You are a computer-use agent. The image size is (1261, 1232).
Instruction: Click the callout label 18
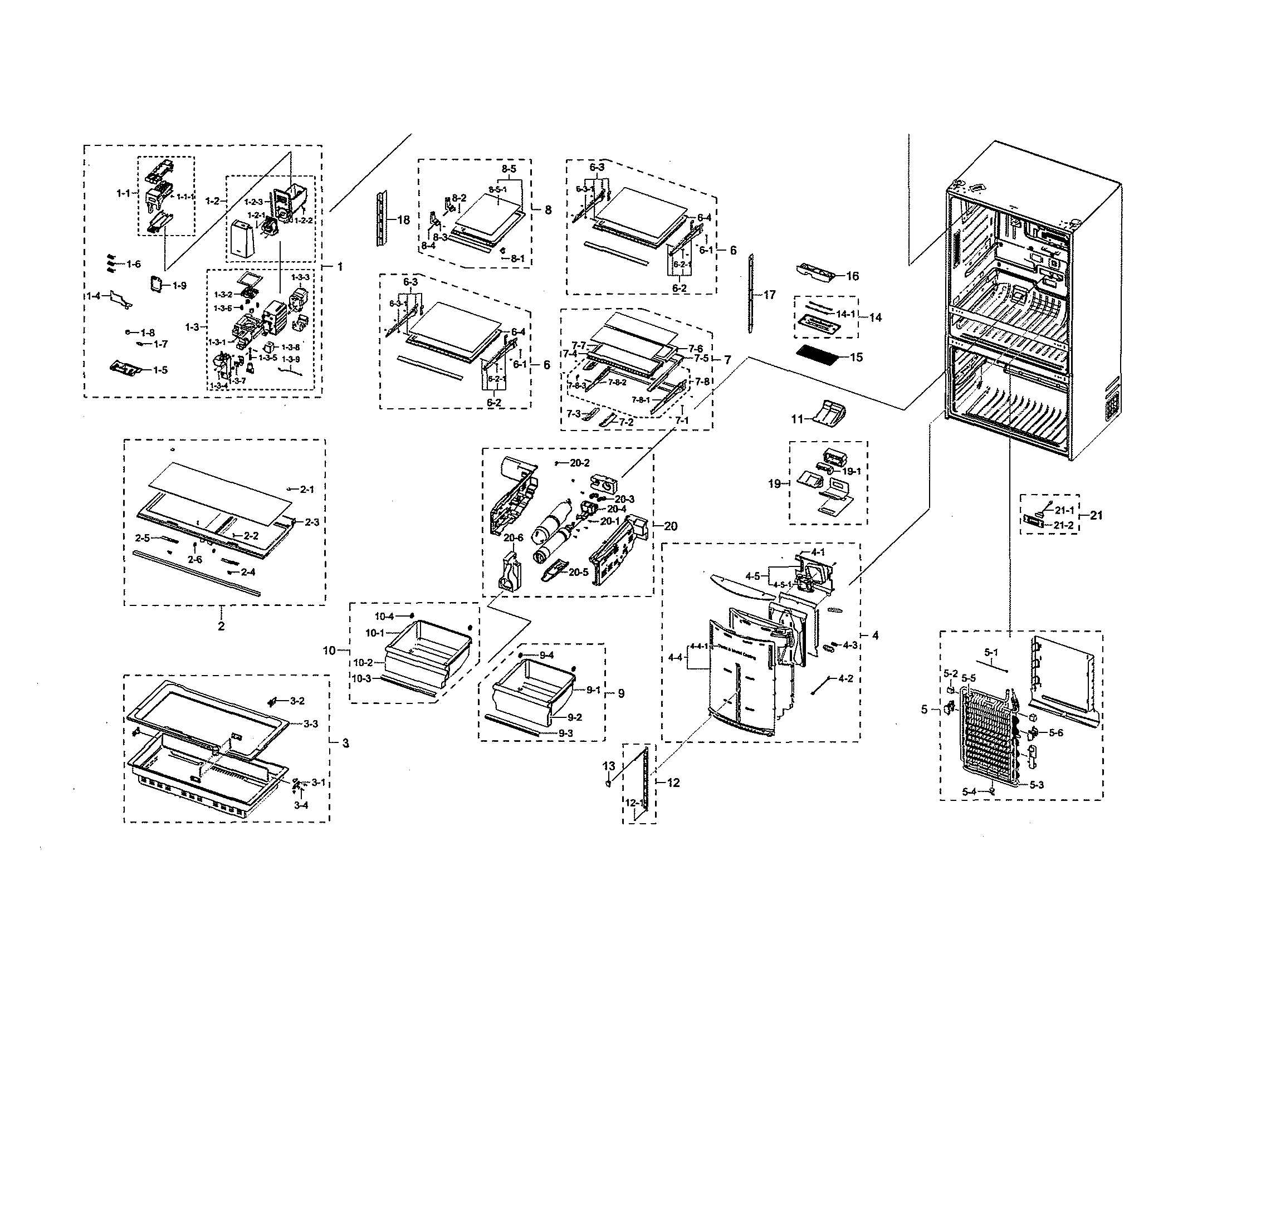pos(403,220)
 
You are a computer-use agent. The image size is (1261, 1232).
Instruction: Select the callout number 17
pos(769,295)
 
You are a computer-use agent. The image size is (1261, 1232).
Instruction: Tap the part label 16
pos(852,276)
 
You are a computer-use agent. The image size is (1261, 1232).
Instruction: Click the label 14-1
pos(845,314)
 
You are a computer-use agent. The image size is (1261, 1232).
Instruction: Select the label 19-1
pos(851,471)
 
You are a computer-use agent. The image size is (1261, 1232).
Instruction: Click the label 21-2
pos(1063,525)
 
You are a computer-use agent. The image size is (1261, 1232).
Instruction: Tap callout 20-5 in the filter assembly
pos(579,572)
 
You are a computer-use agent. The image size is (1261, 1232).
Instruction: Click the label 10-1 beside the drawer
pos(375,632)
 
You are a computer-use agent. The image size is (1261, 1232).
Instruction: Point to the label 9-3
pos(565,733)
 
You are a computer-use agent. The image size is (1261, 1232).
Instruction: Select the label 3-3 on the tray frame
pos(311,723)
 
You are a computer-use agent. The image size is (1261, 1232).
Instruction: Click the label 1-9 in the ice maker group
pos(179,285)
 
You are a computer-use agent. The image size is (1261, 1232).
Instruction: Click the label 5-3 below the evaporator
pos(1037,785)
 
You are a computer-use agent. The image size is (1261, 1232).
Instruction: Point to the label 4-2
pos(845,679)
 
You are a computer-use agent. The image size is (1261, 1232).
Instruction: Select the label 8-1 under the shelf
pos(517,258)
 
